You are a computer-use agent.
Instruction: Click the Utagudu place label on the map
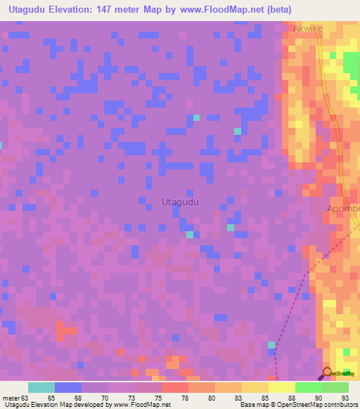tap(180, 202)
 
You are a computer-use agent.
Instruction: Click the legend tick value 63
tap(25, 398)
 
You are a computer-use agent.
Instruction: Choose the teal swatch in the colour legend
tap(41, 387)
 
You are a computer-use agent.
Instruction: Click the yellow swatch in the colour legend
tap(255, 387)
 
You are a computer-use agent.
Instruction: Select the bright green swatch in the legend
tap(309, 387)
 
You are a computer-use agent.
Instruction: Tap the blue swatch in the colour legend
tap(68, 387)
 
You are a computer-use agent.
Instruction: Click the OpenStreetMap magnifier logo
tap(327, 373)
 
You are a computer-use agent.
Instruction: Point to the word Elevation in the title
tap(82, 10)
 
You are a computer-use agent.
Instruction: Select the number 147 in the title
tap(124, 10)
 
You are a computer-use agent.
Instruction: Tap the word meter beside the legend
tap(11, 398)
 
